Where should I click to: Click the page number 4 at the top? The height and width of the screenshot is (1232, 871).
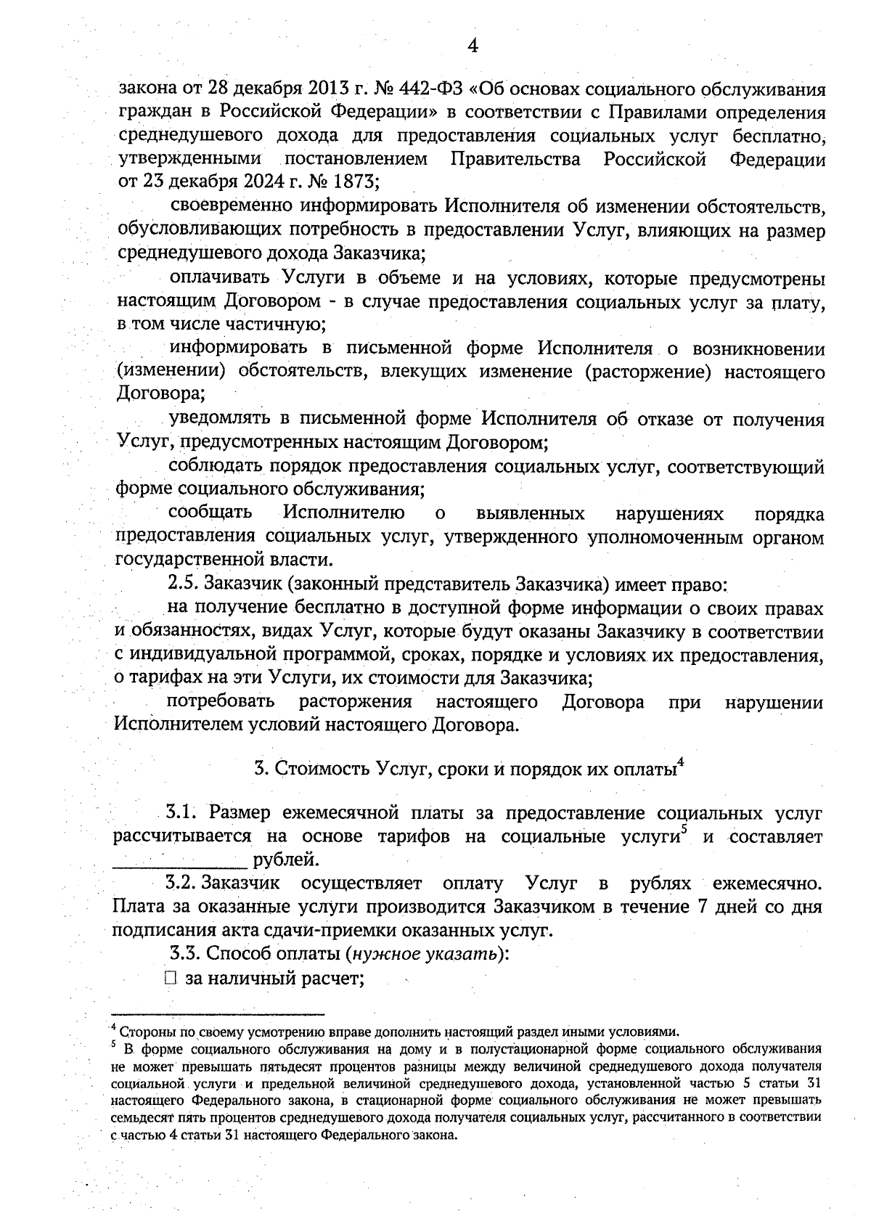[472, 46]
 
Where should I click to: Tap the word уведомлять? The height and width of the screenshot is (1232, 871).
[218, 419]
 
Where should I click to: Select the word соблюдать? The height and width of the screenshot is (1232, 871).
[217, 466]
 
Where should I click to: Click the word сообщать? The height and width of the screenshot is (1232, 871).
[210, 513]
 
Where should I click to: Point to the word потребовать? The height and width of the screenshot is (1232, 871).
[221, 702]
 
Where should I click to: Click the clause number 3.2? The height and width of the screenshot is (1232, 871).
[181, 884]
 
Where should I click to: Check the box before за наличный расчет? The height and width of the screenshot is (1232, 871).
[171, 979]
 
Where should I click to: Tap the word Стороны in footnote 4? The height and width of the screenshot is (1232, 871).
[139, 1032]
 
